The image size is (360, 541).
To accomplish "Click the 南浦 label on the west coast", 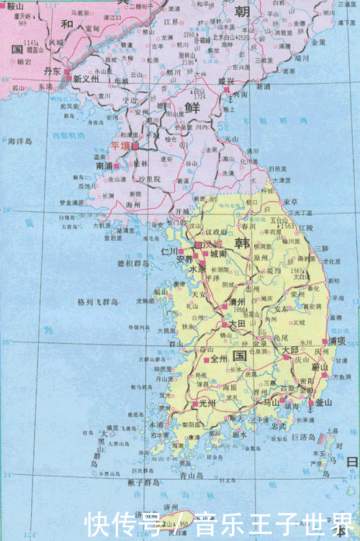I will click(104, 165).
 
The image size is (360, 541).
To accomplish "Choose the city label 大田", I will click(238, 324).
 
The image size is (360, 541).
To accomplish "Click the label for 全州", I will click(219, 358).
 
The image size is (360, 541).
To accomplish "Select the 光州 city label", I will click(207, 402).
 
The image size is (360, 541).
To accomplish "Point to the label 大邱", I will click(290, 350).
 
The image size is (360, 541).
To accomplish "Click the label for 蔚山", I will click(320, 368).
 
